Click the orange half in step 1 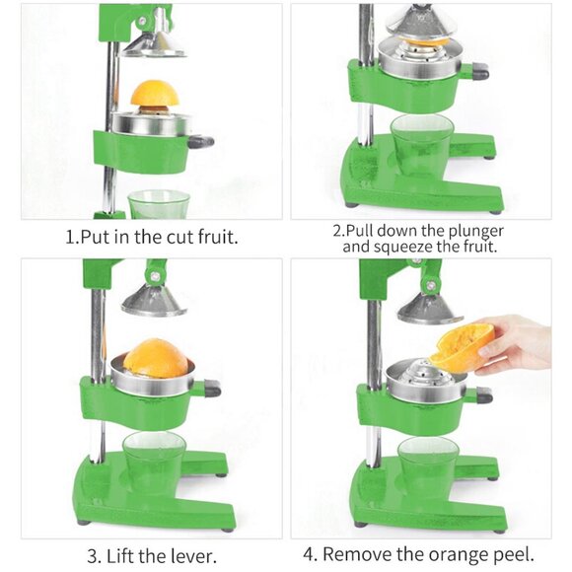(155, 95)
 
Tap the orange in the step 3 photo (156, 358)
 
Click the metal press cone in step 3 (154, 299)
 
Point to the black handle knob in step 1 (202, 141)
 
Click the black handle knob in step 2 (479, 72)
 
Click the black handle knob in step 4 (481, 395)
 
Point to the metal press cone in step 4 (430, 309)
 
